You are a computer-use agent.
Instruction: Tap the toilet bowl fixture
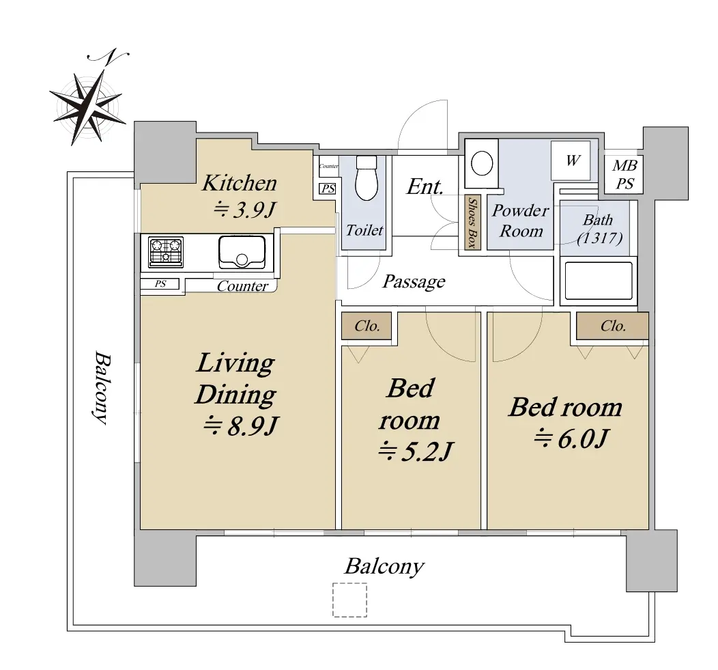pyautogui.click(x=367, y=178)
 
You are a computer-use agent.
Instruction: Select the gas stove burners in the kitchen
pyautogui.click(x=166, y=251)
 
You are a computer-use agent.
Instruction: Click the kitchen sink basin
pyautogui.click(x=242, y=252)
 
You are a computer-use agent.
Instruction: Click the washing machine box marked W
pyautogui.click(x=571, y=160)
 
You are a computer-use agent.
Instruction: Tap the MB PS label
pyautogui.click(x=624, y=175)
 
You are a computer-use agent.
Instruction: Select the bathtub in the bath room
pyautogui.click(x=599, y=280)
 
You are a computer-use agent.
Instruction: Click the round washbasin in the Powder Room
pyautogui.click(x=482, y=163)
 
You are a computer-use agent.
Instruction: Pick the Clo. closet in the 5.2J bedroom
pyautogui.click(x=367, y=326)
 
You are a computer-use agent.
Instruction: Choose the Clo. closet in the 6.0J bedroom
pyautogui.click(x=612, y=326)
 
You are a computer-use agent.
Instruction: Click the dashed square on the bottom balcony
pyautogui.click(x=350, y=600)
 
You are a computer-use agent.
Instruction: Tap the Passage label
pyautogui.click(x=414, y=281)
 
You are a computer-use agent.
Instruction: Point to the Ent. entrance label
pyautogui.click(x=425, y=186)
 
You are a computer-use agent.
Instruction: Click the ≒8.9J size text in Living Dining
pyautogui.click(x=240, y=427)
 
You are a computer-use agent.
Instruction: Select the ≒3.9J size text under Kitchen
pyautogui.click(x=245, y=210)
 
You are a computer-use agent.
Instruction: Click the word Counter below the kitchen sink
pyautogui.click(x=242, y=286)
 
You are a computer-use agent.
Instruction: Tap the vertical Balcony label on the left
pyautogui.click(x=102, y=388)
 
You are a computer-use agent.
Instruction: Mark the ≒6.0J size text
pyautogui.click(x=571, y=438)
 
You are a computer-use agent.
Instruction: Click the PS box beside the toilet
pyautogui.click(x=328, y=189)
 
